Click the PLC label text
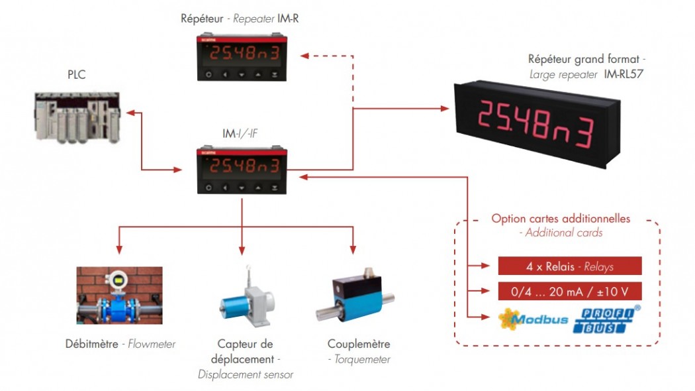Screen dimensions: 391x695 [76, 75]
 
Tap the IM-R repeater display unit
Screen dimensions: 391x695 [242, 57]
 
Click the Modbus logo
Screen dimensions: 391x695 [533, 319]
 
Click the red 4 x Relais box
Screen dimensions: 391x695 [570, 266]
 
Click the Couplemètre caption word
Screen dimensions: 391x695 [359, 344]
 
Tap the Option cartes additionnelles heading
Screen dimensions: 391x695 [560, 219]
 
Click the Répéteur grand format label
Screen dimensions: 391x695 [586, 60]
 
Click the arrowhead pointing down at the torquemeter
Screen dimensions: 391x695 [353, 251]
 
